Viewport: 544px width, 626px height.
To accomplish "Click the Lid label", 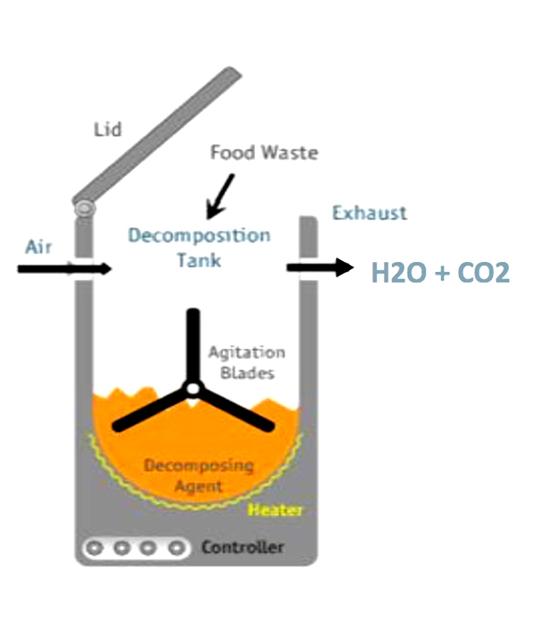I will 108,130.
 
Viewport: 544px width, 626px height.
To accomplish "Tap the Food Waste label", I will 264,153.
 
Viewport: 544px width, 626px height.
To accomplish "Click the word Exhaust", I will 369,213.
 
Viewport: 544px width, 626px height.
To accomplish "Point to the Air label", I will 38,246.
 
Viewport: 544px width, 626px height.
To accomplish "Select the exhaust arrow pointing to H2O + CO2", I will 319,267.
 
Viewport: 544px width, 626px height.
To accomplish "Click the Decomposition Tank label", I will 199,248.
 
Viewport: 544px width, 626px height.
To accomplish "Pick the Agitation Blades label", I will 246,362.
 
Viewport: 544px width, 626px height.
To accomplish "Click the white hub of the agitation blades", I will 192,389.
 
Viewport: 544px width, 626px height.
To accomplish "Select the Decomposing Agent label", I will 199,476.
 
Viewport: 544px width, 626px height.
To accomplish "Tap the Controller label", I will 242,546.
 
